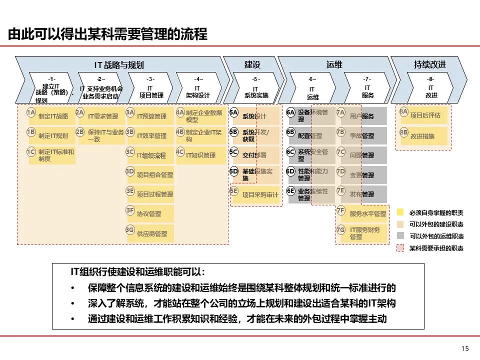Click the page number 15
(x=465, y=348)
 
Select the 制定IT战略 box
(x=53, y=116)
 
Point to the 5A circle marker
(x=234, y=113)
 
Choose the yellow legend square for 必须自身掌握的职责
(x=400, y=213)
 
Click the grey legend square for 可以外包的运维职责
(x=400, y=236)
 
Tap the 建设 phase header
(x=252, y=65)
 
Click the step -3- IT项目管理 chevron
(x=151, y=88)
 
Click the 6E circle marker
(x=291, y=191)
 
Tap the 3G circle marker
(x=130, y=230)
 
